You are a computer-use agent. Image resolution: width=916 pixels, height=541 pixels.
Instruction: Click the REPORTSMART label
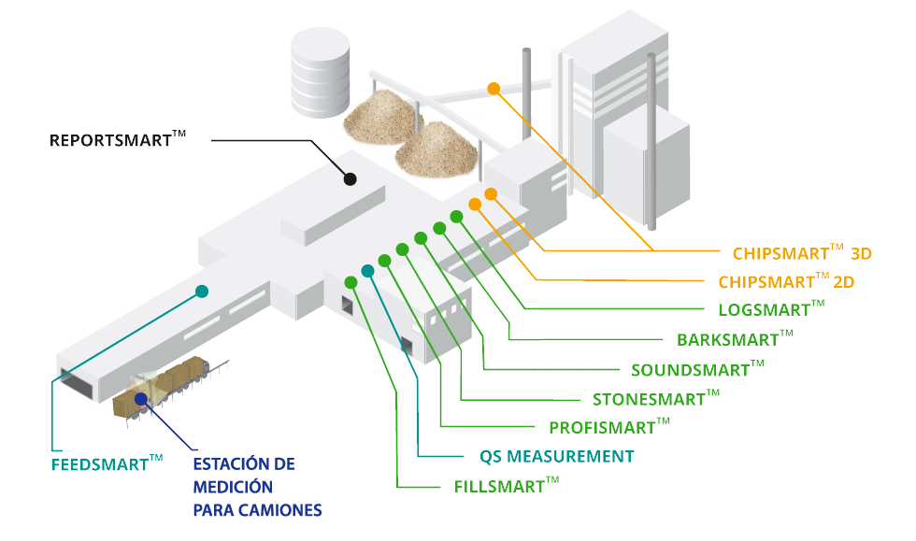click(118, 141)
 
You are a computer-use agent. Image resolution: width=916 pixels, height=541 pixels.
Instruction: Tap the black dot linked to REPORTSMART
click(350, 178)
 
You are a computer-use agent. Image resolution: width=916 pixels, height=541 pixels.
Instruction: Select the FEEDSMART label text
click(107, 463)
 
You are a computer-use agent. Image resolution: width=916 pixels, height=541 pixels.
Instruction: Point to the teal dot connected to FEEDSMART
click(201, 292)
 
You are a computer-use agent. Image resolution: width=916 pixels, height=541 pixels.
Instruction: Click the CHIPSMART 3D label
click(802, 252)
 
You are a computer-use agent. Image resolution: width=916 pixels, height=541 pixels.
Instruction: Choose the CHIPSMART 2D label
click(786, 281)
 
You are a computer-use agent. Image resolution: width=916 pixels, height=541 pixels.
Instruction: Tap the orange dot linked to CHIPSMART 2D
click(475, 205)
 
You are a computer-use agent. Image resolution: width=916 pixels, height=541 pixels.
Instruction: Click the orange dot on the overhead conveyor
click(494, 89)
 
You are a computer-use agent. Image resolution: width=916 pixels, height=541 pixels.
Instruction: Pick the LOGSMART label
click(771, 309)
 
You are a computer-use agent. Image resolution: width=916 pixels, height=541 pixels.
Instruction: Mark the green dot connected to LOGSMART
click(456, 217)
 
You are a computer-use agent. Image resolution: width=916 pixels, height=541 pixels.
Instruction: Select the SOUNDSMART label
click(697, 369)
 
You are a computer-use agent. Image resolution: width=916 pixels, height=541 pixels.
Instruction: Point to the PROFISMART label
click(609, 428)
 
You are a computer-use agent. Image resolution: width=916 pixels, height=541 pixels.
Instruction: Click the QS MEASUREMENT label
click(557, 457)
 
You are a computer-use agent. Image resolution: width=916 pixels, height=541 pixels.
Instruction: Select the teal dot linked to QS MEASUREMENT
click(367, 271)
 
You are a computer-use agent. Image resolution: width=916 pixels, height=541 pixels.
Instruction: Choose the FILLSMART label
click(507, 486)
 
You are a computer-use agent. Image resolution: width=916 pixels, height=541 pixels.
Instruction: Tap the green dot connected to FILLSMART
click(351, 282)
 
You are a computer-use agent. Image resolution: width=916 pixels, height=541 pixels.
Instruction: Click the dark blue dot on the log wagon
click(140, 399)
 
